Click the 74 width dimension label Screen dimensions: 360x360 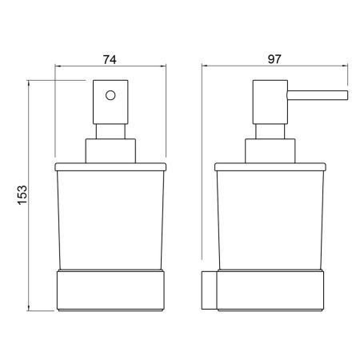(x=110, y=60)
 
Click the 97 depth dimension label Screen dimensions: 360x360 (x=274, y=59)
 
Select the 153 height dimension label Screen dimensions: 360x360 (x=22, y=195)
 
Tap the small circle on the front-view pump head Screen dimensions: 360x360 (x=110, y=95)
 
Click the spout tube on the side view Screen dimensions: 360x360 (x=318, y=95)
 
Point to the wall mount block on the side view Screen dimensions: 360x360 (x=210, y=290)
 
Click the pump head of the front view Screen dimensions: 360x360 (x=110, y=102)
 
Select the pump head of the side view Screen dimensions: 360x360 (x=270, y=102)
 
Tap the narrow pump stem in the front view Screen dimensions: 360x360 (x=110, y=131)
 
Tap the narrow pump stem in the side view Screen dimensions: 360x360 (x=270, y=131)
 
